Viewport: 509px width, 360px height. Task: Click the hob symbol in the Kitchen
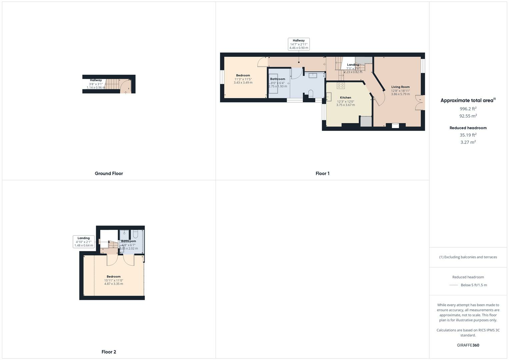tap(341, 86)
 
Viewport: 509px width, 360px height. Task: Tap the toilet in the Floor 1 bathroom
tap(311, 94)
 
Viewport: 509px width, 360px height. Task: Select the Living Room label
tap(400, 87)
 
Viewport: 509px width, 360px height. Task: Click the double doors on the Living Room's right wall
tap(418, 103)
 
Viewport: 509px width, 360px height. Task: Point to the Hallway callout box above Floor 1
tap(299, 44)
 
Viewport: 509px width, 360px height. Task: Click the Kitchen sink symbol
tap(329, 97)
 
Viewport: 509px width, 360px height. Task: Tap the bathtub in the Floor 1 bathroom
tap(273, 83)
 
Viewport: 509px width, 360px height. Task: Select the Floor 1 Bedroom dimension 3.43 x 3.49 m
tap(243, 83)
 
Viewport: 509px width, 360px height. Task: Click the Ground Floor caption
tap(109, 173)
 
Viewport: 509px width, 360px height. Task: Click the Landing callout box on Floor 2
tap(84, 242)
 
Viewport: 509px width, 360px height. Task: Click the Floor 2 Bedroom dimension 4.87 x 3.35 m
tap(114, 284)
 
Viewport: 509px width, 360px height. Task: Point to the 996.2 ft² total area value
tap(468, 109)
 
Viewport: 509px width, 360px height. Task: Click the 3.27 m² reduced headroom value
tap(468, 142)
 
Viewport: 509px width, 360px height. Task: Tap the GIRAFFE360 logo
tap(468, 345)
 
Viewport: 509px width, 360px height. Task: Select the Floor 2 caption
tap(109, 352)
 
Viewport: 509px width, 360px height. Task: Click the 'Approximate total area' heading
tap(468, 100)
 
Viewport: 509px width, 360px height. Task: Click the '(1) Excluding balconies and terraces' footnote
tap(468, 257)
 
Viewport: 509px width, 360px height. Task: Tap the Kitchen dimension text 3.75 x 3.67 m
tap(345, 105)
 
